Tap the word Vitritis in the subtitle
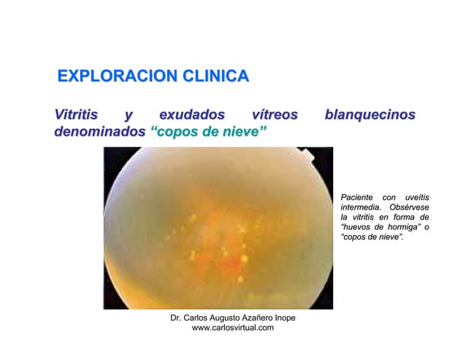pos(76,115)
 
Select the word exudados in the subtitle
pos(192,115)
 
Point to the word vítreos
pos(274,115)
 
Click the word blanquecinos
pos(370,115)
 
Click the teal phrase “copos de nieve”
pos(208,133)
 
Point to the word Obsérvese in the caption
pos(409,209)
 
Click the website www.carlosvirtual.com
pos(232,329)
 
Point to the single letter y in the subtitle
pos(129,116)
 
